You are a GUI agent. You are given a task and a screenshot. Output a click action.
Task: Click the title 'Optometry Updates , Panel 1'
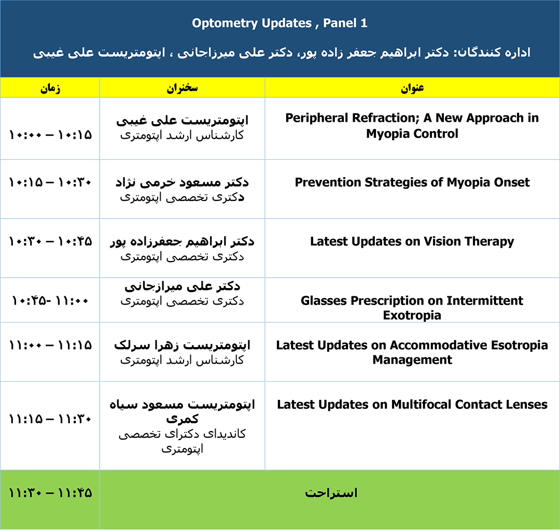(x=279, y=23)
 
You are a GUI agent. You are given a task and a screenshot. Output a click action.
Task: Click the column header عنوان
(x=412, y=88)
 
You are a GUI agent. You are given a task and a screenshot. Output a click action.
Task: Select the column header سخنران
(x=182, y=88)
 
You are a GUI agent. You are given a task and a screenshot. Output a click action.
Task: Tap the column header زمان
(x=50, y=88)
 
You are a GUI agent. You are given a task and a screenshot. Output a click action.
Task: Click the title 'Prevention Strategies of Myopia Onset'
(x=412, y=182)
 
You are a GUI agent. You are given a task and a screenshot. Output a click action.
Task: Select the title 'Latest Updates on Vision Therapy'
(x=412, y=241)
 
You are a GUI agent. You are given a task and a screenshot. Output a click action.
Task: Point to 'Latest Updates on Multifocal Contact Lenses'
(x=412, y=404)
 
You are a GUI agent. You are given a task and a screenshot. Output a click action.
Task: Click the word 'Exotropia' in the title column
(x=412, y=315)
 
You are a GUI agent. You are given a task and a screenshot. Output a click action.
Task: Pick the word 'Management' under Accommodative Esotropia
(x=412, y=360)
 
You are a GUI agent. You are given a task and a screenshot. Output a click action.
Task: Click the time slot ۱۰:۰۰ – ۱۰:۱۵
(x=50, y=135)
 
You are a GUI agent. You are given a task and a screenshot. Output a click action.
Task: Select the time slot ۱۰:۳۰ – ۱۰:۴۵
(x=50, y=241)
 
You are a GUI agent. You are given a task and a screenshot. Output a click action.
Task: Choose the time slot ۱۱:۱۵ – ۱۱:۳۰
(x=50, y=419)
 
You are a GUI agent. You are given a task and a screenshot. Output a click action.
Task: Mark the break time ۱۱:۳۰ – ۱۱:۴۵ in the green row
(x=50, y=493)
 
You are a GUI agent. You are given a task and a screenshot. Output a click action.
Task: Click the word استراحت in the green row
(x=331, y=493)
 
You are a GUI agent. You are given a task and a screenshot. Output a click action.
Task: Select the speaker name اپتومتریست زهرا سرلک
(x=182, y=346)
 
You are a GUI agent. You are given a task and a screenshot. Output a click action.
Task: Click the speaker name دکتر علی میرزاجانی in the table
(x=182, y=286)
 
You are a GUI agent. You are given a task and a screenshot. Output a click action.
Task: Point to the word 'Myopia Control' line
(x=412, y=134)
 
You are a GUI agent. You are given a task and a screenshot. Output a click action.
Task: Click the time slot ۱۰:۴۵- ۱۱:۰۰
(x=50, y=301)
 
